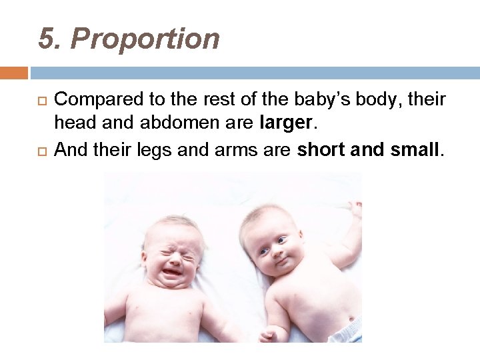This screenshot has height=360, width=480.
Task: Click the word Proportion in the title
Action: tap(145, 39)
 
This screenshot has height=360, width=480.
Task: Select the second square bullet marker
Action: tap(40, 150)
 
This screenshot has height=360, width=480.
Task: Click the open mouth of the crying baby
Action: tap(173, 273)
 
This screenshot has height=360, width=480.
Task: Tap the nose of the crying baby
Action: tap(173, 259)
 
